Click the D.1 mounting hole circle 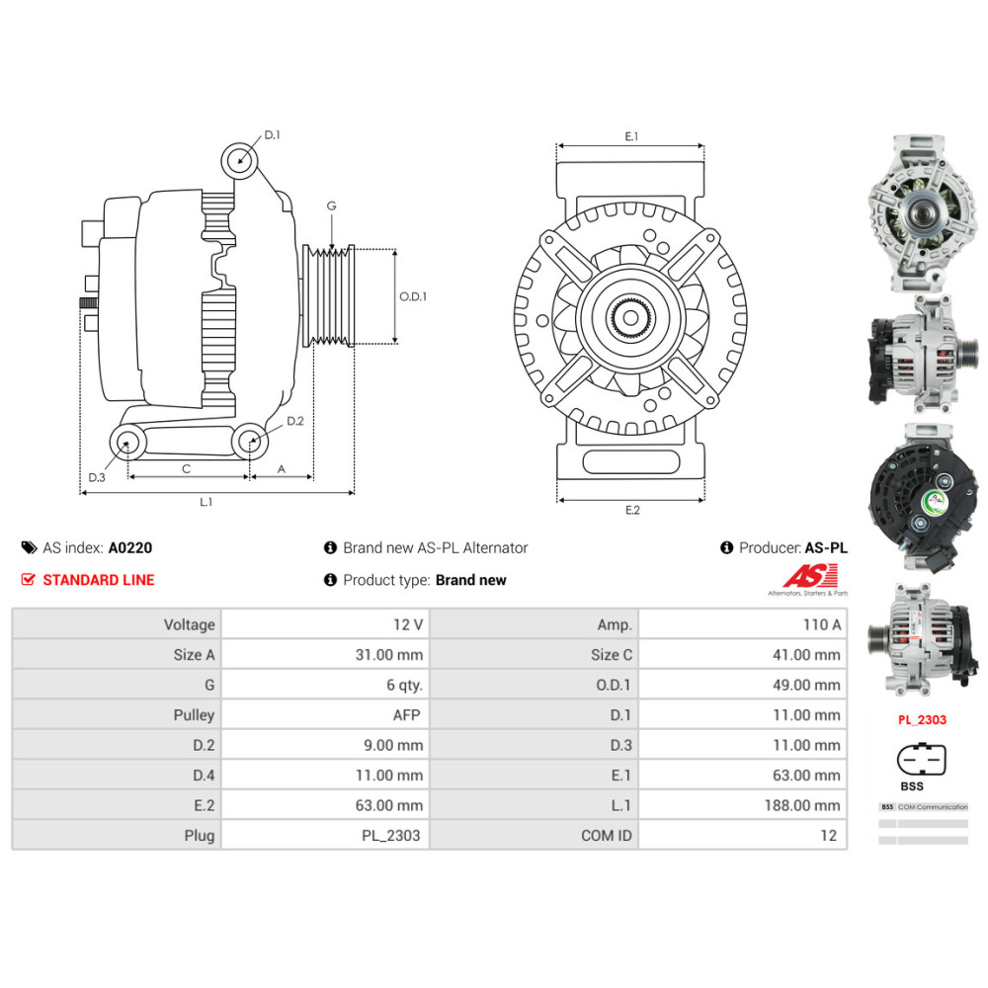tap(239, 158)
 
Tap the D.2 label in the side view tap(294, 422)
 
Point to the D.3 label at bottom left tap(96, 477)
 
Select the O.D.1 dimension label tap(413, 296)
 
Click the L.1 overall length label tap(206, 503)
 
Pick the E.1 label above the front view tap(632, 136)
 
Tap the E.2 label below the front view tap(632, 511)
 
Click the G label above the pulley tap(332, 206)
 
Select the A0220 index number tap(130, 547)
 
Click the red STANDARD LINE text tap(99, 580)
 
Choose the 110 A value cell tap(822, 624)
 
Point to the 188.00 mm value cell tap(802, 805)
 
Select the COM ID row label tap(606, 835)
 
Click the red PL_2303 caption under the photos tap(922, 719)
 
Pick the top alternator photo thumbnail tap(922, 214)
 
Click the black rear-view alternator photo tap(922, 499)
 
